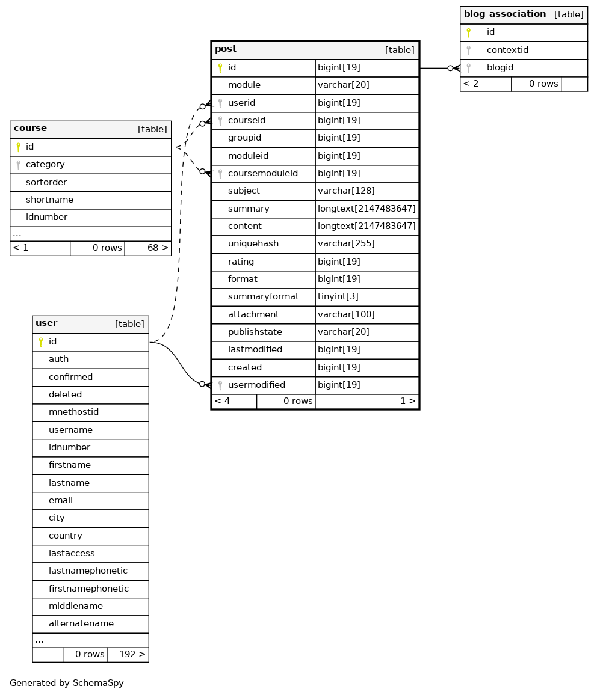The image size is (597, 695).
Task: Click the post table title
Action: click(x=226, y=49)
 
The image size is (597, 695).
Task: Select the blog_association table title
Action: click(x=505, y=14)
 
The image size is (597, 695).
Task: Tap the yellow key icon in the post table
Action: click(x=220, y=68)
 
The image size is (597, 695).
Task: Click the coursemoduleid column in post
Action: click(x=263, y=173)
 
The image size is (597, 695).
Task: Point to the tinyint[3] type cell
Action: click(x=338, y=296)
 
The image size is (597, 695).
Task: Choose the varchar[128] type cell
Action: click(x=346, y=191)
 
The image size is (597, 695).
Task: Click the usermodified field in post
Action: click(x=256, y=385)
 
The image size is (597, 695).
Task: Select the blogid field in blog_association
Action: click(x=500, y=67)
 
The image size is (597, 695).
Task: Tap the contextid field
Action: click(x=507, y=50)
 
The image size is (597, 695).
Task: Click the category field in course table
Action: click(x=45, y=165)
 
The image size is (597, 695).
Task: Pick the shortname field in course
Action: click(x=50, y=200)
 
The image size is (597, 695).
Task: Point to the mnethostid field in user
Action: click(x=73, y=412)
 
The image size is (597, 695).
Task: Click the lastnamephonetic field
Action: click(x=88, y=571)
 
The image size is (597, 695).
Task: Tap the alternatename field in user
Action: click(x=81, y=623)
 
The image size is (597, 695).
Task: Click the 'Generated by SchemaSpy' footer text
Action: click(x=67, y=683)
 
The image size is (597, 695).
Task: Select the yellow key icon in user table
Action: click(x=41, y=341)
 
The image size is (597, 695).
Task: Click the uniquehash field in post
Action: click(x=253, y=243)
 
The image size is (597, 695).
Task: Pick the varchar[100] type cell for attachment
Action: click(x=346, y=314)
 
